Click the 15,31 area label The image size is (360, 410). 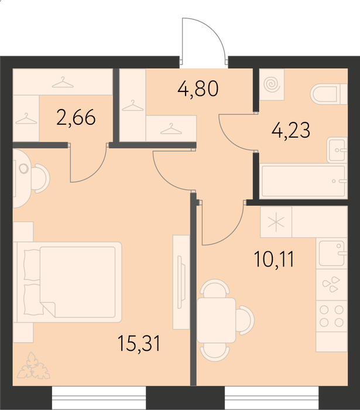(x=139, y=343)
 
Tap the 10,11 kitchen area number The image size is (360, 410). (x=274, y=259)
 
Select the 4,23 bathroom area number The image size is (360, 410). (x=291, y=130)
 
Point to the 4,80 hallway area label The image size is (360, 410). (x=198, y=88)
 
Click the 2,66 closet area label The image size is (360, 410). (x=76, y=117)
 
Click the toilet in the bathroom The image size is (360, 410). (x=328, y=94)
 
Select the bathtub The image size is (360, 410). (x=304, y=181)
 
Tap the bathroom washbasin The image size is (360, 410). (x=337, y=151)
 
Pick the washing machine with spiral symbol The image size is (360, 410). (x=272, y=84)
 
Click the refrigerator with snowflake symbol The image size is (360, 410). (x=276, y=222)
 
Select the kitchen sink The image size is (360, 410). (x=331, y=253)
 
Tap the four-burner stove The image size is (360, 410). (x=331, y=316)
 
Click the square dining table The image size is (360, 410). (x=217, y=320)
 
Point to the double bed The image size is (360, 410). (x=69, y=282)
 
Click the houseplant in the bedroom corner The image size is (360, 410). (x=33, y=366)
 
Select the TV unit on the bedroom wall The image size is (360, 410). (x=181, y=282)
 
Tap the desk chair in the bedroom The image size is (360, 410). (x=41, y=179)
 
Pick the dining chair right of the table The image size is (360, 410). (x=245, y=320)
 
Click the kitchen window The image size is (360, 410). (x=272, y=398)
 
